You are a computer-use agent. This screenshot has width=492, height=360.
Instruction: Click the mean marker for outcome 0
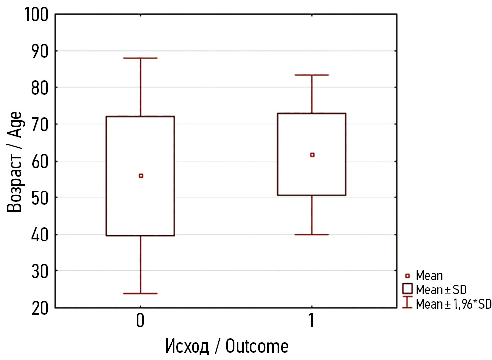coord(141,176)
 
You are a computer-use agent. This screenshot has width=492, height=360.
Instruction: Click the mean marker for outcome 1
coord(312,155)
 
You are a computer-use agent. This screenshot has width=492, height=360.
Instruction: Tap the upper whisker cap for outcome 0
coord(141,58)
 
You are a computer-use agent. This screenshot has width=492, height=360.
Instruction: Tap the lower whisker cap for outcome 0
coord(141,293)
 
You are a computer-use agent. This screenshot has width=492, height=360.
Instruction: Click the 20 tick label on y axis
coord(38,308)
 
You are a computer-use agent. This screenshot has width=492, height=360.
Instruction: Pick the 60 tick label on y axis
coord(38,161)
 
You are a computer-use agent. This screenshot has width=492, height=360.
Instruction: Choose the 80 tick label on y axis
coord(38,88)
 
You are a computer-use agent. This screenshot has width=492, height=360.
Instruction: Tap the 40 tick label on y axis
coord(38,235)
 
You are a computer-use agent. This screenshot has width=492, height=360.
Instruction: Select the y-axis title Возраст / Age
coord(15,161)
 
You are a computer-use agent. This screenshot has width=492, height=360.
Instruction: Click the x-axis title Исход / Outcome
coord(226,346)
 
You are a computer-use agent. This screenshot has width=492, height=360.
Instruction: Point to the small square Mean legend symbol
coord(407,276)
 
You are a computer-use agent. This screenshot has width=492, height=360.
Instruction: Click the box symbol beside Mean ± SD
coord(407,288)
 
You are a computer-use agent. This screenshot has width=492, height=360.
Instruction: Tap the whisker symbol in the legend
coord(407,302)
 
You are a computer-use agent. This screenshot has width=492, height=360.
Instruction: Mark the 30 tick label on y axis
coord(38,271)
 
